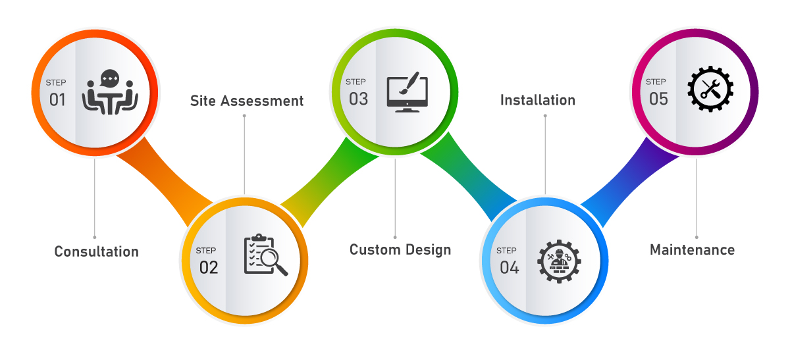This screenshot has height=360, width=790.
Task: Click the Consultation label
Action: click(x=96, y=251)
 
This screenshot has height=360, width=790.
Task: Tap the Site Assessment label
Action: click(x=247, y=101)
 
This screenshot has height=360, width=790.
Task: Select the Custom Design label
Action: click(x=400, y=250)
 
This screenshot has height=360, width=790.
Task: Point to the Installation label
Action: click(x=538, y=100)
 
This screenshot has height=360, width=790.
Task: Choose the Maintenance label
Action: click(x=692, y=250)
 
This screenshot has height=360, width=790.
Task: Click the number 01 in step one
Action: click(x=58, y=100)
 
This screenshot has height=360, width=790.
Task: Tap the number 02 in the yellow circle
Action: click(x=208, y=267)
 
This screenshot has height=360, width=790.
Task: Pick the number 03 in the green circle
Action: click(x=358, y=99)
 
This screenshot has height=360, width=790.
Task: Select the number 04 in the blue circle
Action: click(x=509, y=268)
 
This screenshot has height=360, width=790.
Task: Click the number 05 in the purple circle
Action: click(x=658, y=99)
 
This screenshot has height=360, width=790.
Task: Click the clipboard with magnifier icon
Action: click(x=265, y=255)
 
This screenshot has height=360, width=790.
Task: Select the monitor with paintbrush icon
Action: click(x=407, y=92)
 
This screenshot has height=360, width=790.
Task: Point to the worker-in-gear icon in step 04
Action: click(x=559, y=261)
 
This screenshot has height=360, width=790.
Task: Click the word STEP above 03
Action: click(x=355, y=82)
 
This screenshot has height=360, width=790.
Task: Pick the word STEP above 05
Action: click(x=656, y=82)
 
